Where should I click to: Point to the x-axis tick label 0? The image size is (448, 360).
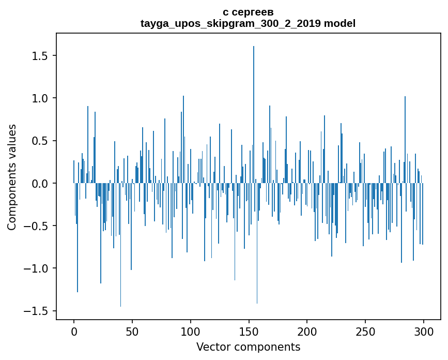tap(74, 331)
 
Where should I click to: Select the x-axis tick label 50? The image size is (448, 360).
tap(132, 331)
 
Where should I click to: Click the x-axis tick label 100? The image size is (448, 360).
tap(191, 331)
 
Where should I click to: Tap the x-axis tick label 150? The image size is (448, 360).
tap(249, 331)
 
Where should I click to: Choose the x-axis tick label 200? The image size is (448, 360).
tap(307, 331)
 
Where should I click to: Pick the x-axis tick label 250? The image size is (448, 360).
tap(366, 331)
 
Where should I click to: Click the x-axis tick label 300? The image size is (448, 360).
tap(424, 331)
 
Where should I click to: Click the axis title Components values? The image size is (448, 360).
tap(12, 177)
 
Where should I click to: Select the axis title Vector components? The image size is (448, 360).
tap(248, 347)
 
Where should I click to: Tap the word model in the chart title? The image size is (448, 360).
tap(339, 23)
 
